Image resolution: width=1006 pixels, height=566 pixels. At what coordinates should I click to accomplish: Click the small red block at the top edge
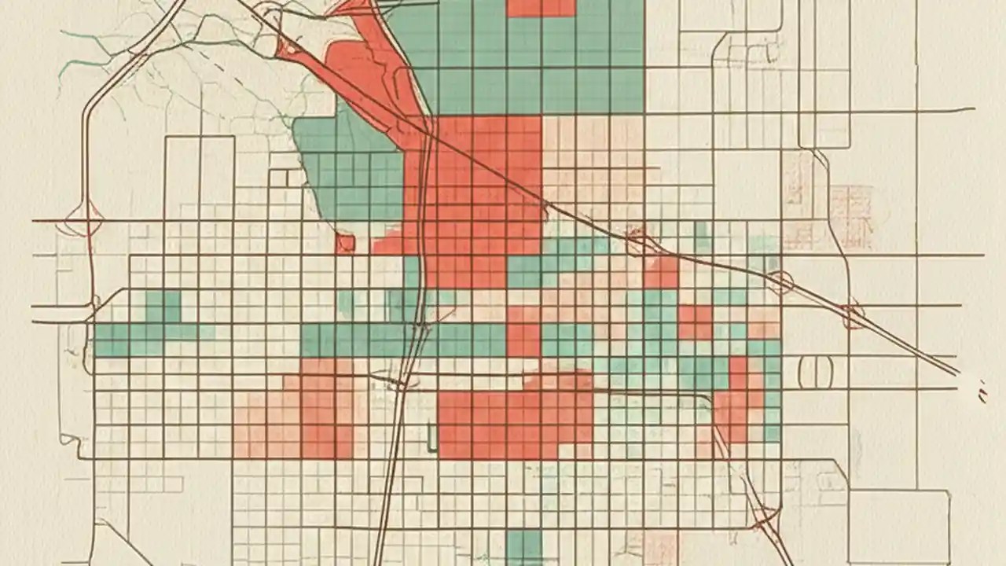(x=541, y=8)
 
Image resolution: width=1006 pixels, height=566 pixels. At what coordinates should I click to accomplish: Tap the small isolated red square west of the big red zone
(x=345, y=244)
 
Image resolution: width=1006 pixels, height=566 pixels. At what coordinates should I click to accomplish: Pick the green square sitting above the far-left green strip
(x=163, y=307)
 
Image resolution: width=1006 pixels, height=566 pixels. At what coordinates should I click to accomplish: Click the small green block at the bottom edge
(x=524, y=547)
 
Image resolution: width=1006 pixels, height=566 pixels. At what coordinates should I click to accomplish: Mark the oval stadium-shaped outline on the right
(x=816, y=372)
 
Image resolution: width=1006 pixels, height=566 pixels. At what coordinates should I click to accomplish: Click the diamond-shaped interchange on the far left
(x=84, y=221)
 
